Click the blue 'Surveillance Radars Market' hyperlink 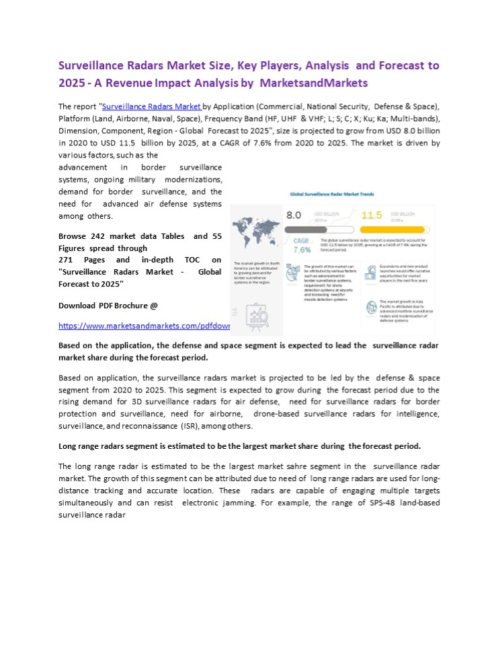151,106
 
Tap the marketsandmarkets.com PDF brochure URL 144,326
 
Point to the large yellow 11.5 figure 372,215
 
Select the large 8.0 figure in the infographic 294,215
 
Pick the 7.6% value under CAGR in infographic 302,249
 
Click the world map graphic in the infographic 256,231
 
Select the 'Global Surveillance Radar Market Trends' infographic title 332,193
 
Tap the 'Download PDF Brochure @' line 108,306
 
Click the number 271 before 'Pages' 67,260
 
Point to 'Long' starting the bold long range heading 69,446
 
